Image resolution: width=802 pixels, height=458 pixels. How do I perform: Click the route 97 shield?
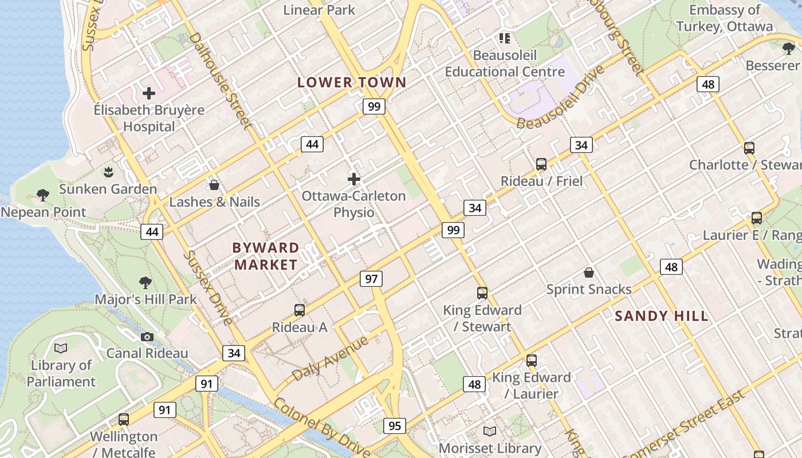371,279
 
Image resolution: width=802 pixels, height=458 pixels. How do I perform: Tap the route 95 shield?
395,425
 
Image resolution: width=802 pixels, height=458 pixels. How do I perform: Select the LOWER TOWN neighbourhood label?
352,82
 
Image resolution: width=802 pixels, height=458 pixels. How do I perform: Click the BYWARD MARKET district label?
266,256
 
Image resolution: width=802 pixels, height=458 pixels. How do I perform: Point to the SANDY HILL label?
662,316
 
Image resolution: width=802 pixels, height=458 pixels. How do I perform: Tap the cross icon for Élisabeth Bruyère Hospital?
149,93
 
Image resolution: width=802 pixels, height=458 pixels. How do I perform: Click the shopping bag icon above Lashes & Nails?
214,185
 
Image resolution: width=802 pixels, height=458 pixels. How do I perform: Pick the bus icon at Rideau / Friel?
541,164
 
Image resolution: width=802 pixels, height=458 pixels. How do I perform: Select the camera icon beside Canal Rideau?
147,337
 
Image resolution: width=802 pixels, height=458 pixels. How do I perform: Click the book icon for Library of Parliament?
61,348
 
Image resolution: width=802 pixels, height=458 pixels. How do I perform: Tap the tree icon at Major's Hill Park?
146,282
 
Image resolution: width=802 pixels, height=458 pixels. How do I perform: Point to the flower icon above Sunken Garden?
108,171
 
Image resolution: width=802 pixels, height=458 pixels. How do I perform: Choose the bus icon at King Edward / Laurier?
532,360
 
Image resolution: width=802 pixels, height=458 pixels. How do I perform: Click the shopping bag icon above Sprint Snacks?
588,272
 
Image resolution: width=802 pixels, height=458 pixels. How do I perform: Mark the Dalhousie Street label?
220,80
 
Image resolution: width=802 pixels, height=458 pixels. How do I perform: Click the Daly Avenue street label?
330,359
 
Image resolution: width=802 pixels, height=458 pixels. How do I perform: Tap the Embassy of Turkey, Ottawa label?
725,18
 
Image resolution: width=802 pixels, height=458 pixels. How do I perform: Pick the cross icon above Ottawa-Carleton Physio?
354,179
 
